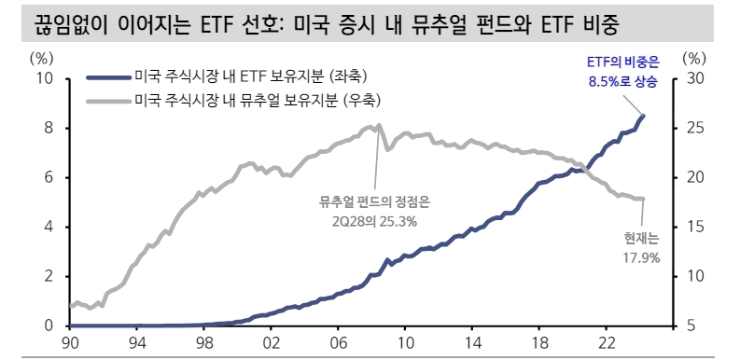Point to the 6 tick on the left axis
coord(49,177)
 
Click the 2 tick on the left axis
coord(49,276)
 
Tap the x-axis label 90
coord(70,343)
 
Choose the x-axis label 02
coord(271,343)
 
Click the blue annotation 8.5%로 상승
coord(622,82)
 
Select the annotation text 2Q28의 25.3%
coord(374,221)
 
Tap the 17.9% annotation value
coord(640,256)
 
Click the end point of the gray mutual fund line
coord(643,198)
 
